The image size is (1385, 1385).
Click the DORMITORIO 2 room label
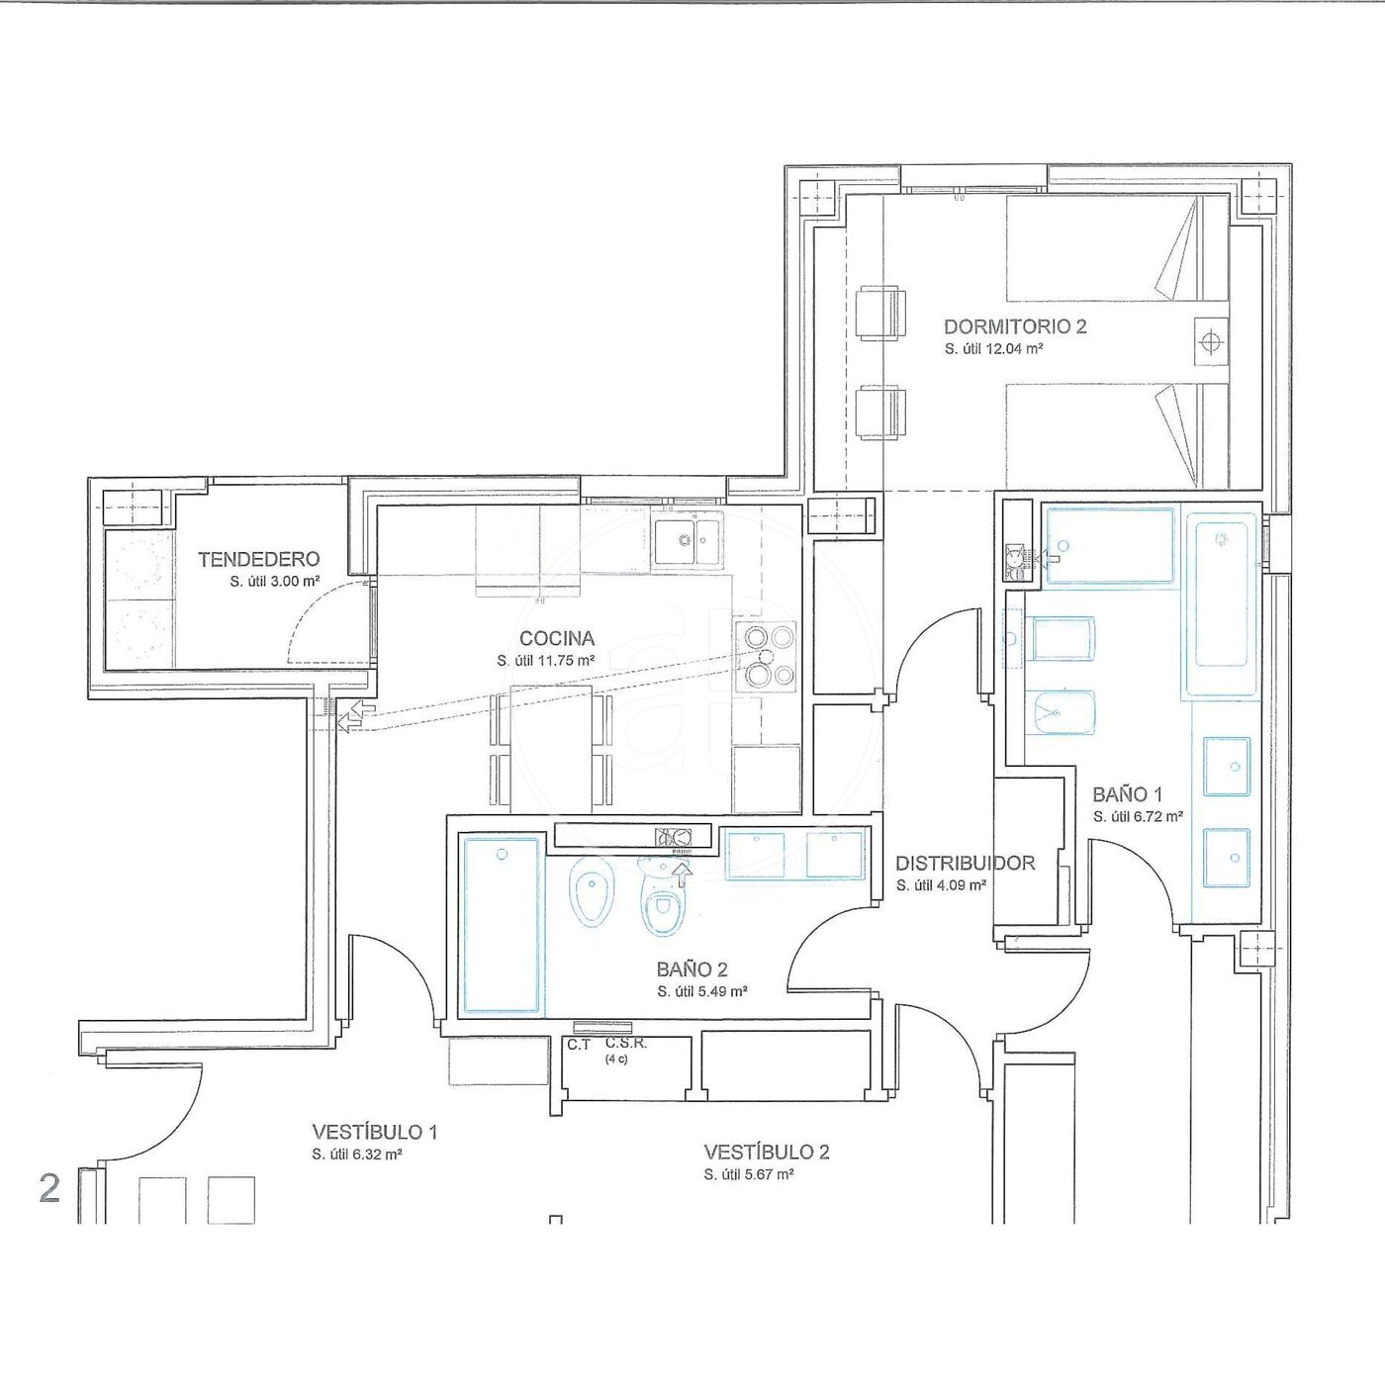[1015, 326]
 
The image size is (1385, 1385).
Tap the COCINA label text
[557, 638]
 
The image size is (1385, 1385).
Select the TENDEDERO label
[259, 559]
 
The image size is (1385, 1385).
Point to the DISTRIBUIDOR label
[966, 864]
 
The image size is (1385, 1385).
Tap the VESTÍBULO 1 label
[375, 1132]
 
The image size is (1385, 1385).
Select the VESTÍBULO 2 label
[766, 1153]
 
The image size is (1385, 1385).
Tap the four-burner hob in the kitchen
[766, 656]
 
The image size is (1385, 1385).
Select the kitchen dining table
[551, 749]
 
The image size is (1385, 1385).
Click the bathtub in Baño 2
[502, 926]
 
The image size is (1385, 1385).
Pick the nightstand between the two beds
[1211, 340]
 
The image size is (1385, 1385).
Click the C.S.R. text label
[626, 1044]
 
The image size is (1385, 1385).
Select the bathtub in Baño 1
[1221, 603]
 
